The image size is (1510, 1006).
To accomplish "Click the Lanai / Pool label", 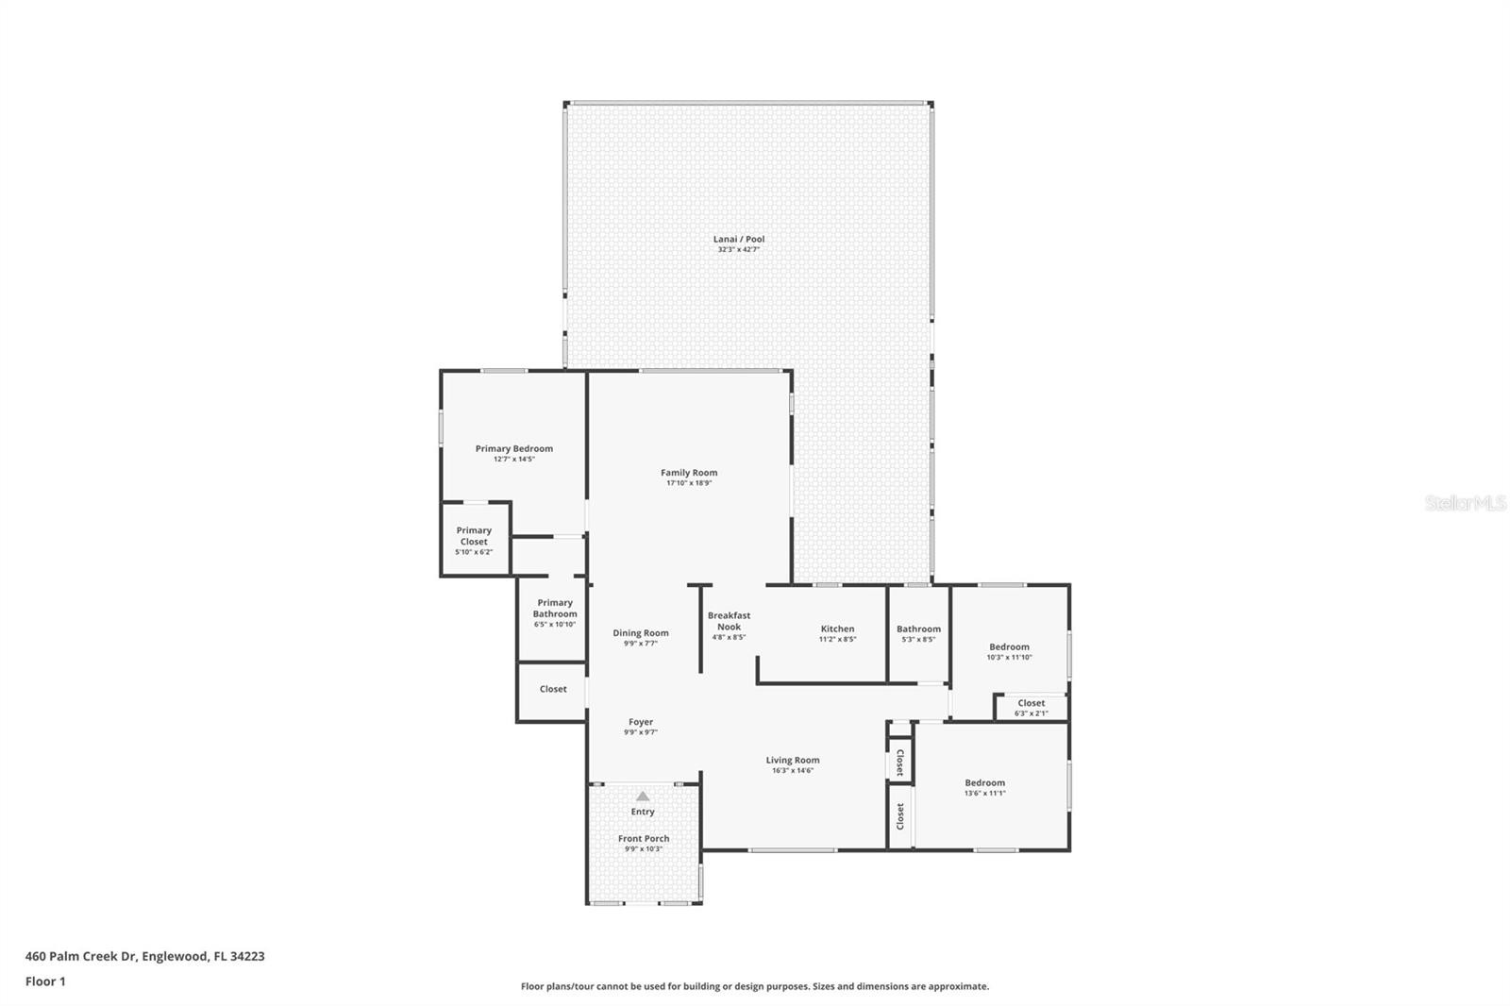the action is tap(739, 239).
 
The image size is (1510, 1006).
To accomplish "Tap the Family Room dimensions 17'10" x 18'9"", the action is tap(689, 483).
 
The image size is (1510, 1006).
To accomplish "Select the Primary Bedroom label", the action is tap(513, 448).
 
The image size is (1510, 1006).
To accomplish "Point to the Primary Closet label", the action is tap(474, 536).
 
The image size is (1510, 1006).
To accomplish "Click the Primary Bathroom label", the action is tap(555, 608).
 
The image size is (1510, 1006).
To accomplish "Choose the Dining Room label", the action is tap(641, 632).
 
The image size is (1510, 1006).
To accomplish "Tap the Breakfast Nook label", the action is tap(729, 621).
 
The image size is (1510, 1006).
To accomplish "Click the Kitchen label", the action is tap(837, 629).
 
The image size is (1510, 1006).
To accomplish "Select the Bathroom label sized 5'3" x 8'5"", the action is tap(918, 629).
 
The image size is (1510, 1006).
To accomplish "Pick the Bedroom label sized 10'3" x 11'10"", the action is tap(1009, 646).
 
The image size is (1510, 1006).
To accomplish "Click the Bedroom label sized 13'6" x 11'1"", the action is tap(985, 783).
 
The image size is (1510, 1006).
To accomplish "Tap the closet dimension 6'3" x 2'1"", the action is tap(1032, 713).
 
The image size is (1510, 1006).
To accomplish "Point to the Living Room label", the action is tap(793, 760).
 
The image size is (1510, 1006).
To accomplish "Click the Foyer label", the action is tap(641, 721).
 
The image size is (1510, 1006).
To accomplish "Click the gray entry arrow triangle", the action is tap(643, 796).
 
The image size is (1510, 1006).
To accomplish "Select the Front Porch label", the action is tap(644, 838).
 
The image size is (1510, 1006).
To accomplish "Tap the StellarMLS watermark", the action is tap(1466, 502).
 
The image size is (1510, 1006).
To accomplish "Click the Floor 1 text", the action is tap(45, 981).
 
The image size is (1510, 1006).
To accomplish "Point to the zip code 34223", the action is tap(247, 956).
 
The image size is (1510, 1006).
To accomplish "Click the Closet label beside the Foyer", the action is tap(553, 688).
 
